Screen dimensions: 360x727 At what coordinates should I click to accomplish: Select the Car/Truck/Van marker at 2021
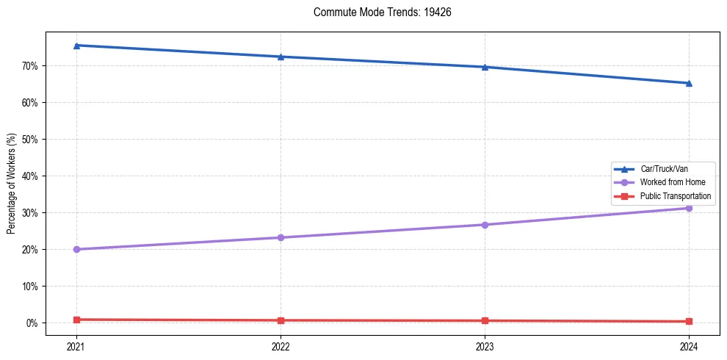click(x=76, y=46)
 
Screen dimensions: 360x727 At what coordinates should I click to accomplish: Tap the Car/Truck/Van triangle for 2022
click(x=281, y=57)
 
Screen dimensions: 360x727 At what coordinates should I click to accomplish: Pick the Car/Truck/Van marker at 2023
click(x=485, y=67)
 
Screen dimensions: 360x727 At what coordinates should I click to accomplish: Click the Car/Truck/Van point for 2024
click(x=689, y=83)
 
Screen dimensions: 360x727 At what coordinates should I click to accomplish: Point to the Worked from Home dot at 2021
click(x=76, y=249)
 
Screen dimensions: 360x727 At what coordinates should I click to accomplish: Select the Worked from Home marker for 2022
click(x=281, y=237)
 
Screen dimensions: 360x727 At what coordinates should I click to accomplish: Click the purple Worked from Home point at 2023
click(x=485, y=225)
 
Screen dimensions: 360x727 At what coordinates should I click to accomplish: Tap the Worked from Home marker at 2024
click(x=689, y=208)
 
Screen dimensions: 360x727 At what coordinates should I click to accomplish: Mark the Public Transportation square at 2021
click(x=76, y=320)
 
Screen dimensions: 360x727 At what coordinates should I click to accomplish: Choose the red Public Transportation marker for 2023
click(x=485, y=320)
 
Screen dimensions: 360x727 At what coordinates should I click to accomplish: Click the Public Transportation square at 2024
click(x=689, y=321)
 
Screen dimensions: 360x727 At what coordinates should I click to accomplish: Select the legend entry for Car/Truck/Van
click(x=664, y=169)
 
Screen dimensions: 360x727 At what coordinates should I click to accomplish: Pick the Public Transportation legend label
click(x=676, y=196)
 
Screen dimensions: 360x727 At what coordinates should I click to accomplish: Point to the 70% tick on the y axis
click(x=30, y=66)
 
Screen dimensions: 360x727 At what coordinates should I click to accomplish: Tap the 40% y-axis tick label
click(x=30, y=176)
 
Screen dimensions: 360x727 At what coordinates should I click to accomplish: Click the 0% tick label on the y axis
click(x=32, y=323)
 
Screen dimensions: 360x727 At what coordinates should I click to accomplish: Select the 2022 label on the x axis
click(x=281, y=345)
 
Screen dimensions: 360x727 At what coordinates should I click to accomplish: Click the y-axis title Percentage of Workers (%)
click(x=12, y=184)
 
